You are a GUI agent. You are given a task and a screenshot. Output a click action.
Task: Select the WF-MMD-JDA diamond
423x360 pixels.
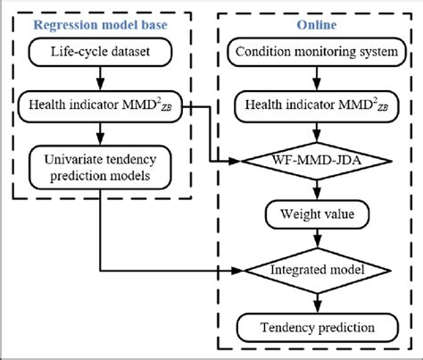click(x=317, y=162)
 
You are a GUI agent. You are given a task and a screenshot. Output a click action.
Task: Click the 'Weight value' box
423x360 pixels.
click(x=317, y=214)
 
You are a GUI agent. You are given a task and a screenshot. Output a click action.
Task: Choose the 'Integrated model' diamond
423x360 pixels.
click(x=317, y=268)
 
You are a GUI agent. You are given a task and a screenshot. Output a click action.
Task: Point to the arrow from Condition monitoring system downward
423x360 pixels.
click(x=317, y=82)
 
